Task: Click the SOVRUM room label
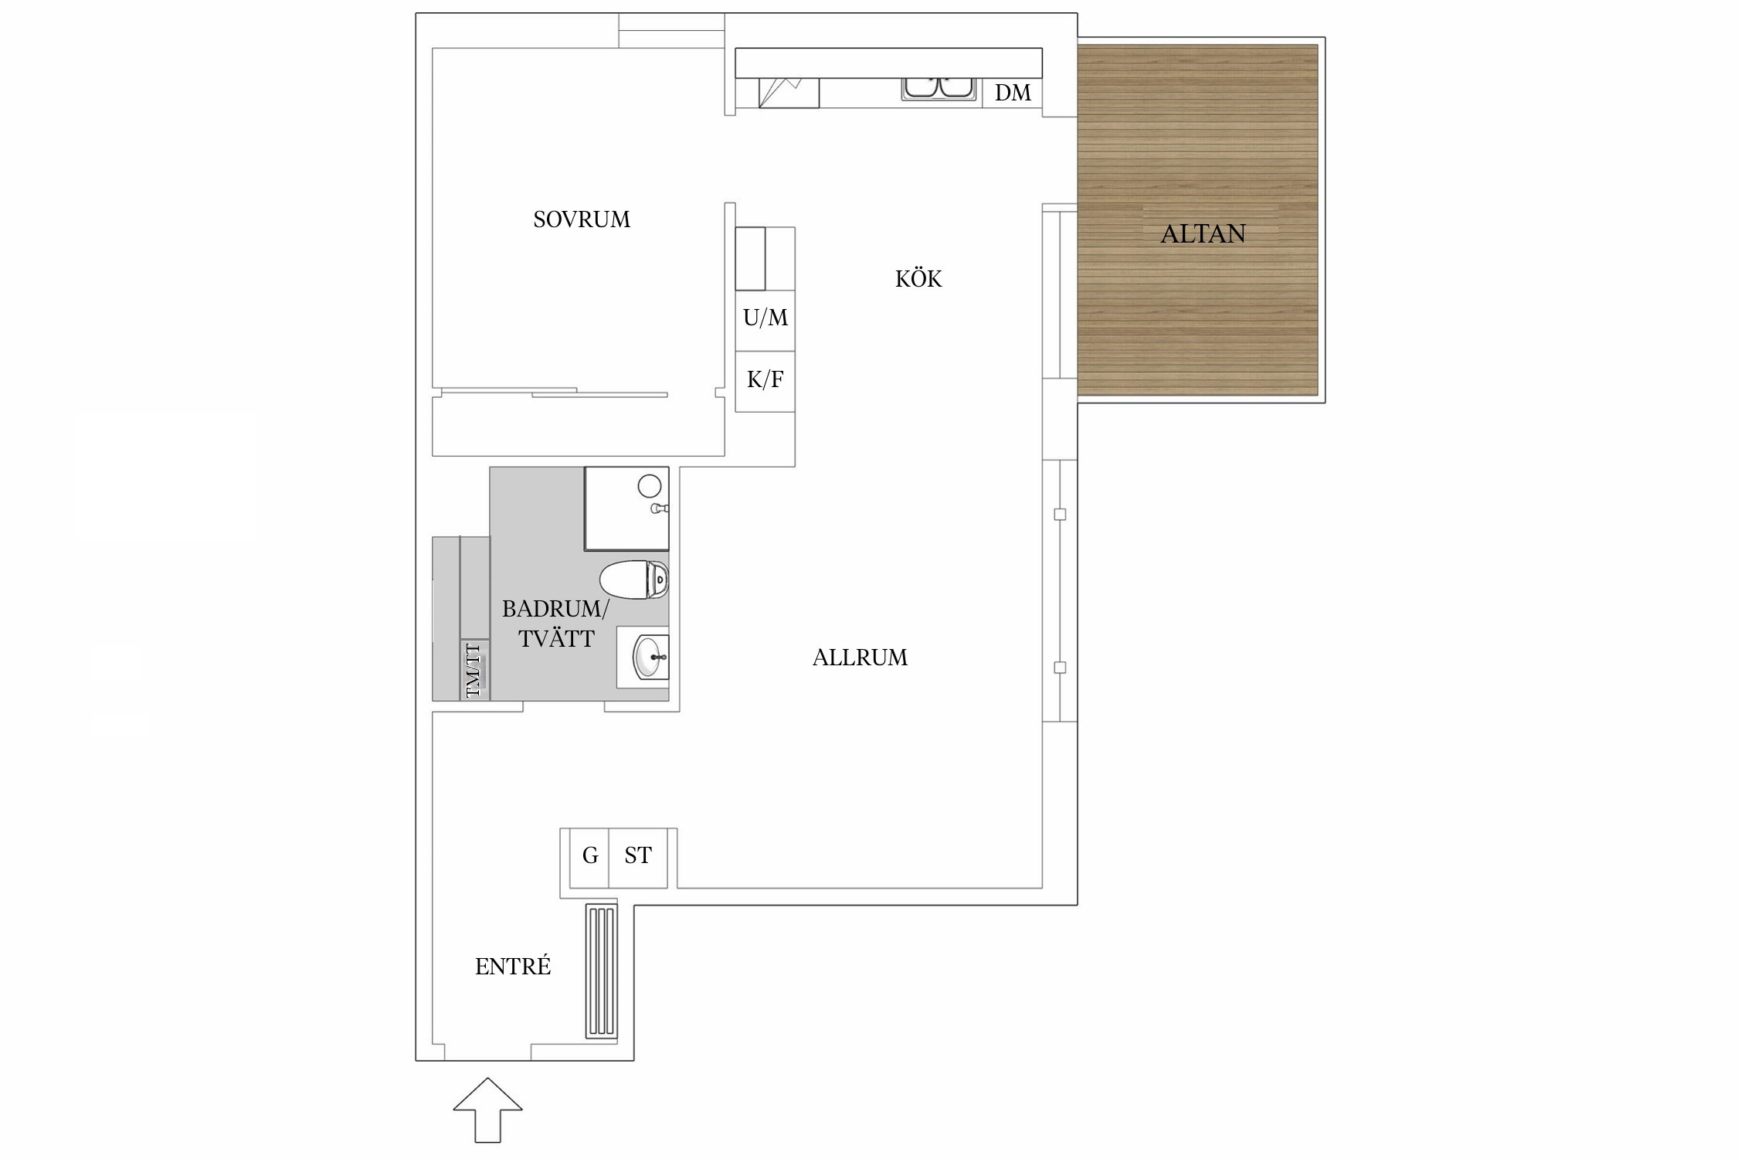(582, 219)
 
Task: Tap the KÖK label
(918, 278)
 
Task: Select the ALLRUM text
(860, 658)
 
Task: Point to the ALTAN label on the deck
(1203, 233)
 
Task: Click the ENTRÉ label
(513, 966)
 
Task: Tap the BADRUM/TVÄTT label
(556, 624)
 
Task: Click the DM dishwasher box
(1013, 93)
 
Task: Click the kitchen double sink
(939, 88)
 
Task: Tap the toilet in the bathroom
(634, 579)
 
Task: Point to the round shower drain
(650, 485)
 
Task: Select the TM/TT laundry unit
(474, 670)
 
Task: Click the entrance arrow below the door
(487, 1110)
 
